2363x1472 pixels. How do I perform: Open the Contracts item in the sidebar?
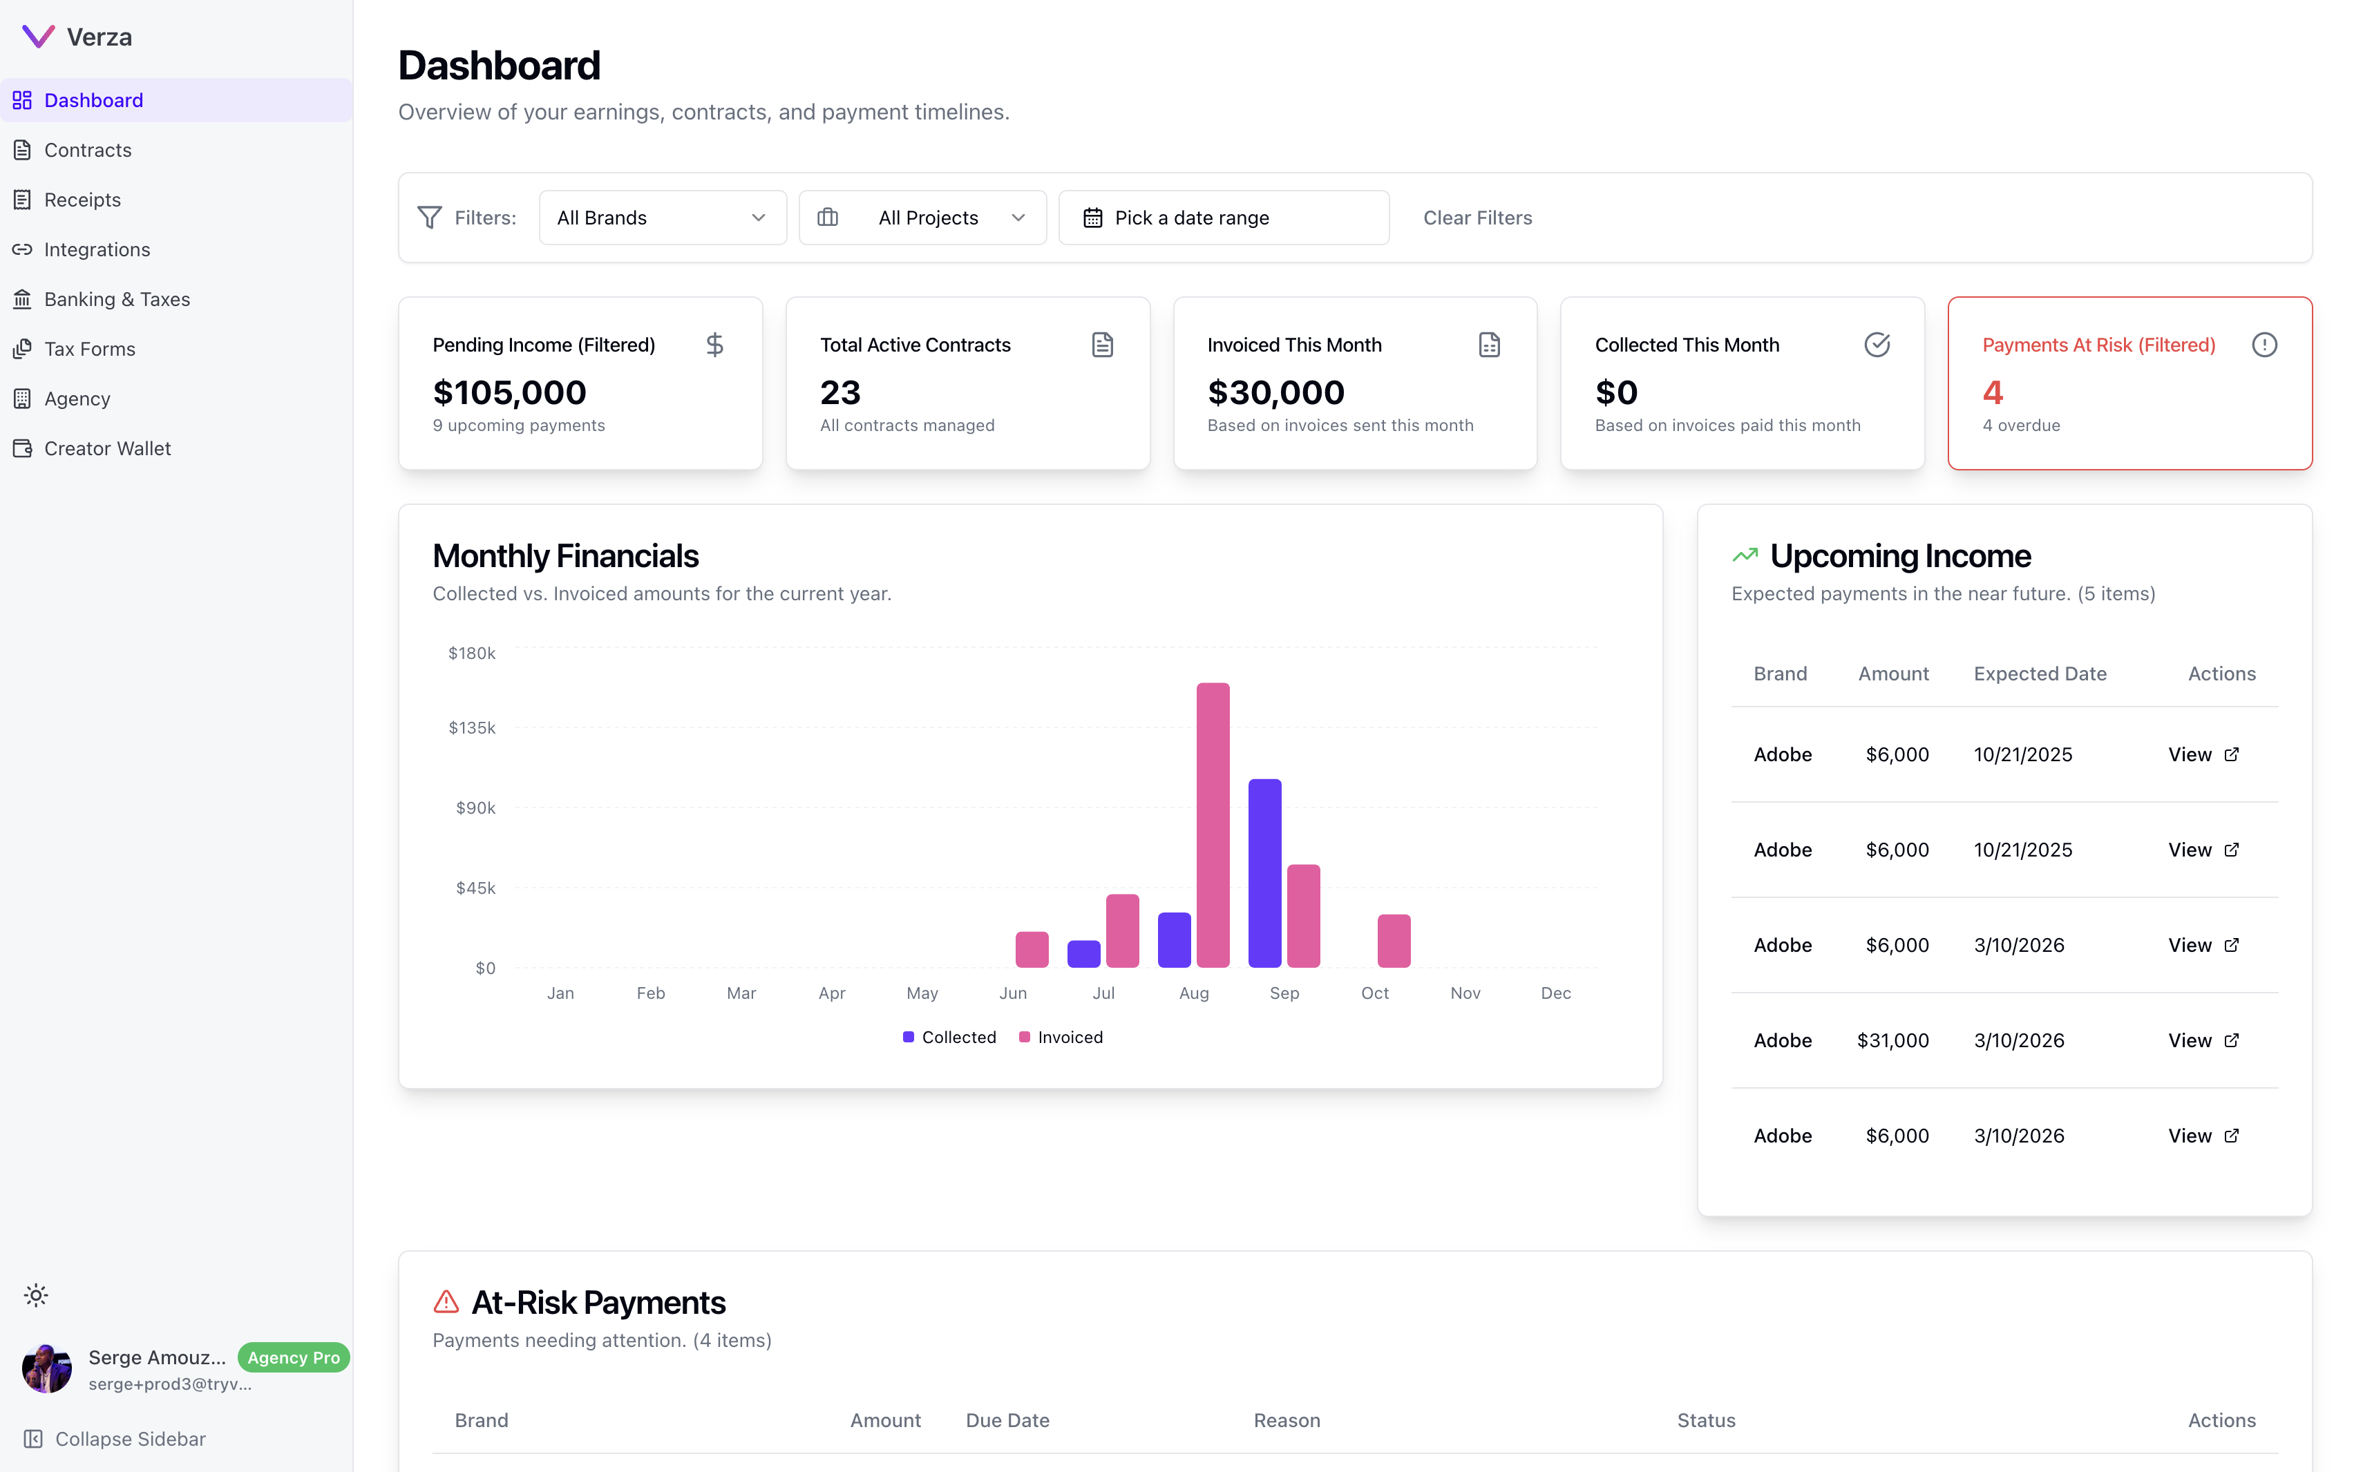pos(88,150)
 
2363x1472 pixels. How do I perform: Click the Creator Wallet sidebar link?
pos(107,449)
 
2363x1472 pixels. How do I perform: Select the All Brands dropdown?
pos(662,218)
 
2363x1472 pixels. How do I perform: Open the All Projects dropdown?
pos(922,218)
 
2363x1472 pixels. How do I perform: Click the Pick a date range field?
pos(1223,218)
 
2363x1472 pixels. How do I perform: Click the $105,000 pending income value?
pos(509,392)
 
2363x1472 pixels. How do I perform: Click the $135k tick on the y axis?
pos(471,728)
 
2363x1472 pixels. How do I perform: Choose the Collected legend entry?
pos(949,1038)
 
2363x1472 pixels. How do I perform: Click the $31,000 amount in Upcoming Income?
pos(1892,1041)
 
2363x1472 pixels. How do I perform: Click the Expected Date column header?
pos(2039,673)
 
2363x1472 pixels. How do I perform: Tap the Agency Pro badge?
pos(293,1358)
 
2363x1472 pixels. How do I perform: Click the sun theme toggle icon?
pos(36,1296)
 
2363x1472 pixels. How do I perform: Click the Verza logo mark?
pos(38,37)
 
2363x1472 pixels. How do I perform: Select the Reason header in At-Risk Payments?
pos(1286,1420)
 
